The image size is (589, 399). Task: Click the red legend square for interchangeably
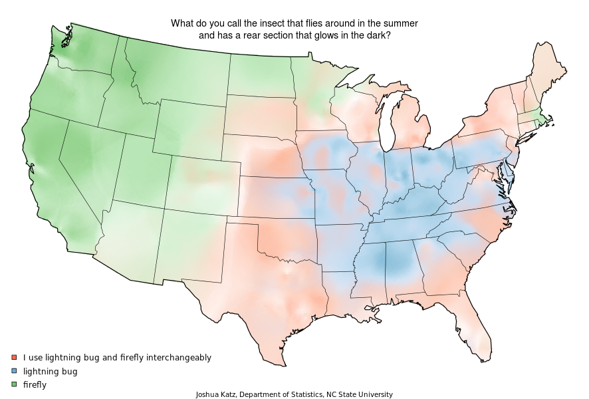coord(14,358)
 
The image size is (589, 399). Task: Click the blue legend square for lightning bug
coord(14,371)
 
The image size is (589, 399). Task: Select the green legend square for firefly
coord(14,385)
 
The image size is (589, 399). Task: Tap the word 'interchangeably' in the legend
coord(177,358)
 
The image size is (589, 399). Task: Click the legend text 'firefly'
coord(34,385)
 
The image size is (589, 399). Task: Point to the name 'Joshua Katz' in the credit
coord(215,394)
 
